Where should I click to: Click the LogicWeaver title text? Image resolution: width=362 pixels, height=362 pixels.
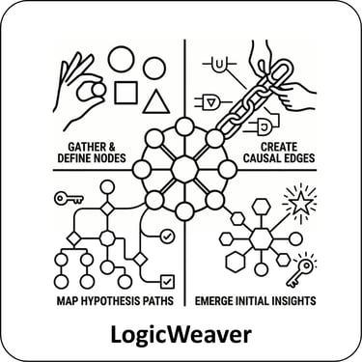point(181,335)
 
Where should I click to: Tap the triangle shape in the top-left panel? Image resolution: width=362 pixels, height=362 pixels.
point(156,103)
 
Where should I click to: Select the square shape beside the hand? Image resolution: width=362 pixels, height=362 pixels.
point(125,93)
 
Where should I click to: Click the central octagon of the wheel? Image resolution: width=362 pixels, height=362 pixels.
point(184,169)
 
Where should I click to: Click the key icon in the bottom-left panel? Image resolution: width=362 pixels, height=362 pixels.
point(69,199)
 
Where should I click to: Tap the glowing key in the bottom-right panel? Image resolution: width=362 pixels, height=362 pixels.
point(300,270)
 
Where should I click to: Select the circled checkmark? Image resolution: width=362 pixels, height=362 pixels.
point(167,237)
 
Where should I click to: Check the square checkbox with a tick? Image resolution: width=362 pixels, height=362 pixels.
point(167,282)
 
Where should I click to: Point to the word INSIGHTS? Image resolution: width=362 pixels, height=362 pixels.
point(293,301)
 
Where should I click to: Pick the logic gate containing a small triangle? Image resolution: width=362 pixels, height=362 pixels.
point(211,102)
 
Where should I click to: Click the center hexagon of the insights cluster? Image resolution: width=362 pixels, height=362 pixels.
point(261,238)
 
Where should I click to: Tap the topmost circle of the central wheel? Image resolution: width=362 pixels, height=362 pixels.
point(184,126)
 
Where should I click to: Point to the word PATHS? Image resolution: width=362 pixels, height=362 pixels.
point(161,301)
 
